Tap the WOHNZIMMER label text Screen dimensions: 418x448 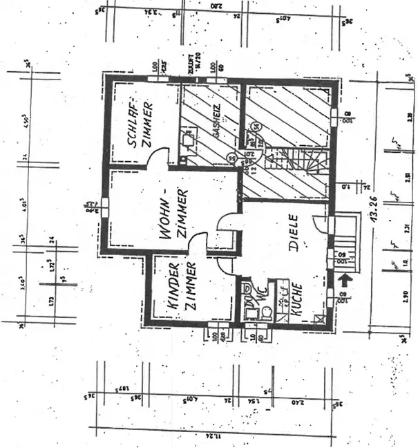click(173, 212)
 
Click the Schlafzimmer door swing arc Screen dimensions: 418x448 click(160, 158)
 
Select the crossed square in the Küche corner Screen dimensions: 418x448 click(319, 317)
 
